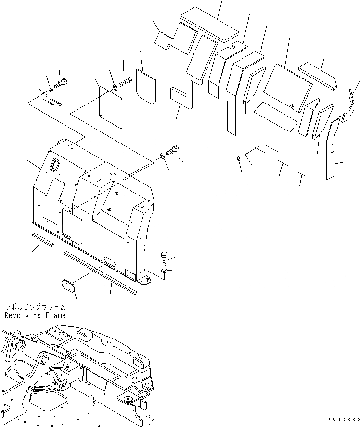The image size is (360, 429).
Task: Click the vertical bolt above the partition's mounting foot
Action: pos(164,259)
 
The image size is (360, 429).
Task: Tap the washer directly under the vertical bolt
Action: pos(165,272)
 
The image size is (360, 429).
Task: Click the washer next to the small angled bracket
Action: pos(51,89)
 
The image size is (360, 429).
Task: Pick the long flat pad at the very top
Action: pos(209,24)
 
